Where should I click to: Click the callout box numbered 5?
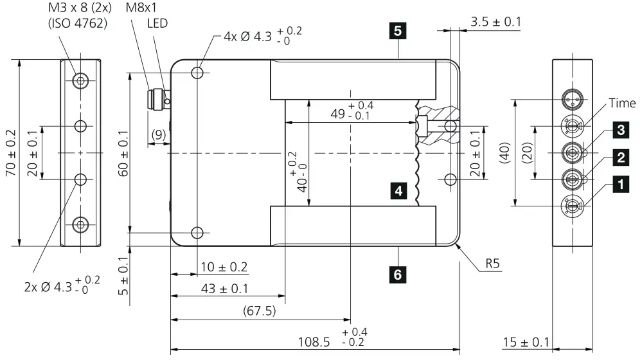tap(398, 32)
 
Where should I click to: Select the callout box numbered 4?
tap(399, 190)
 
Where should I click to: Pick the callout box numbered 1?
tap(620, 185)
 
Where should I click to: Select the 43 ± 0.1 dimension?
tap(224, 289)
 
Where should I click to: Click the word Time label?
tap(622, 103)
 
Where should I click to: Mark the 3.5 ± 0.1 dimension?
tap(495, 21)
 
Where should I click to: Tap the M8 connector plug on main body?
tap(155, 100)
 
